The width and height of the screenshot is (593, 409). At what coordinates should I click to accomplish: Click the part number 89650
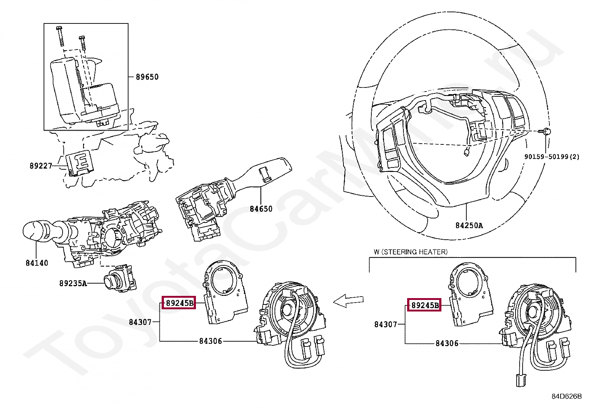(x=147, y=77)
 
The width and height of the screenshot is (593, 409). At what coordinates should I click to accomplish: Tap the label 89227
(x=41, y=166)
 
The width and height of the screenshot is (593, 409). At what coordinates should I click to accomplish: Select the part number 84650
(x=261, y=209)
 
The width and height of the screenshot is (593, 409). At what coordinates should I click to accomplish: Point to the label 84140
(x=37, y=263)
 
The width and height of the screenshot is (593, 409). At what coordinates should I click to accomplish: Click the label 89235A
(x=73, y=284)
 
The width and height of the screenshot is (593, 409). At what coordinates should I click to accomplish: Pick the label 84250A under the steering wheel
(x=469, y=226)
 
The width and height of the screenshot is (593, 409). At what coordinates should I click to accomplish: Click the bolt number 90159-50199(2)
(x=552, y=157)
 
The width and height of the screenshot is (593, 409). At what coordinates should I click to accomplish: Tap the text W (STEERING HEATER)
(x=410, y=252)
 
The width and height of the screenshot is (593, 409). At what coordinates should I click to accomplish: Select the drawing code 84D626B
(x=566, y=396)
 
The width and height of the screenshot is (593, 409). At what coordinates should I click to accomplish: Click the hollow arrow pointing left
(x=348, y=301)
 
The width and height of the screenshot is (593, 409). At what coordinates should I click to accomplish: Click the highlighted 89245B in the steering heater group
(x=424, y=306)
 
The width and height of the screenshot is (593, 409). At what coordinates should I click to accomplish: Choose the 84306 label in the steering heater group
(x=447, y=344)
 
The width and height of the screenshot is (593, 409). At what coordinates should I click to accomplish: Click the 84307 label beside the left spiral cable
(x=140, y=322)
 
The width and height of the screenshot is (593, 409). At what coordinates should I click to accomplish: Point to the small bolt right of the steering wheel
(x=546, y=131)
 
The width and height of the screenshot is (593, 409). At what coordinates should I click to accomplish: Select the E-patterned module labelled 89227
(x=80, y=162)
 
